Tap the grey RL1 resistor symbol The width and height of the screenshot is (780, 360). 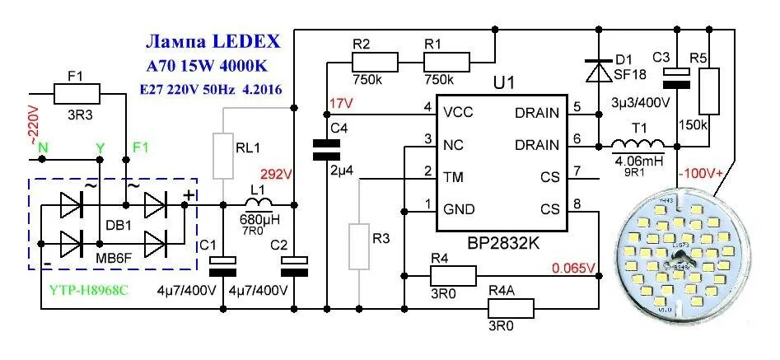pos(223,154)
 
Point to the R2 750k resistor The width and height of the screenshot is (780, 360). pos(375,62)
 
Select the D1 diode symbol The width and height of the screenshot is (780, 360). pos(596,71)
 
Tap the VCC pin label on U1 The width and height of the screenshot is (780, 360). pos(457,113)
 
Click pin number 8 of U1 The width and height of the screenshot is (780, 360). pos(576,204)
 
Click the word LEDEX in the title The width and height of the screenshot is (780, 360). pos(245,42)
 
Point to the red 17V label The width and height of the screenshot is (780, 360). pos(340,103)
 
